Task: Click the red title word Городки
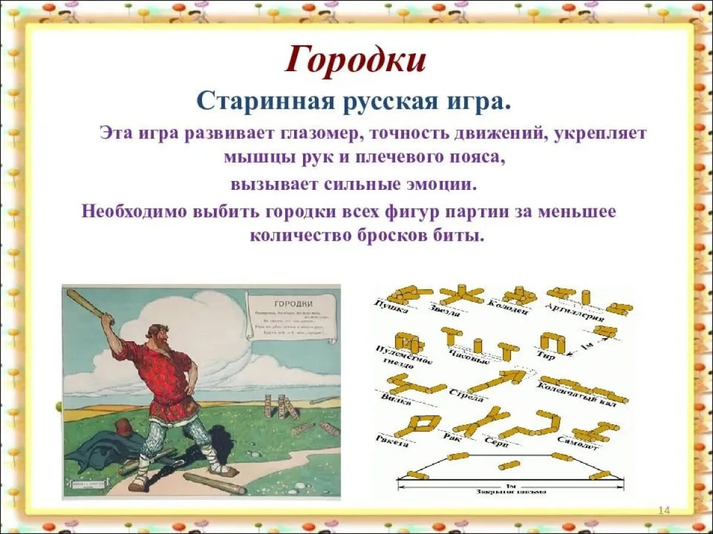[355, 61]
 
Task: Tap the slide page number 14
[664, 511]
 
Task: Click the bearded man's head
[157, 336]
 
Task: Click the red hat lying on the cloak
[123, 427]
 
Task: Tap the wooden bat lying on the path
[214, 483]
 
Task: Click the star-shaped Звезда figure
[461, 294]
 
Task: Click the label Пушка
[391, 308]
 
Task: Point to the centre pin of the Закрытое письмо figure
[509, 465]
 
